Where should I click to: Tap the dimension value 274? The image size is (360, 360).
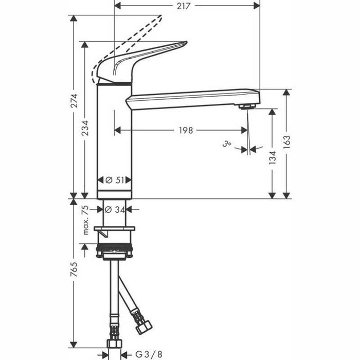click(x=74, y=101)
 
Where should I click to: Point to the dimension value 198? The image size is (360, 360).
click(x=186, y=131)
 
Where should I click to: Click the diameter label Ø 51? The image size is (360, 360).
click(x=115, y=180)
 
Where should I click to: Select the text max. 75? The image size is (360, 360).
click(x=86, y=220)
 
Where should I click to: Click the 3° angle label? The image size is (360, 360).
click(x=227, y=146)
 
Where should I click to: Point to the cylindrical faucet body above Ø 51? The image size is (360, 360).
click(x=114, y=134)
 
